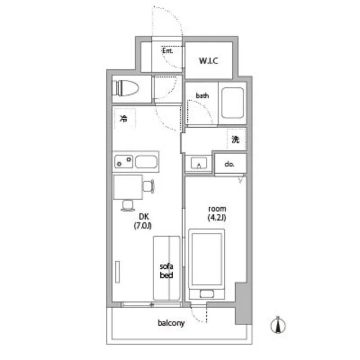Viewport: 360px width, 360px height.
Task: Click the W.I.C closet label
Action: tap(209, 61)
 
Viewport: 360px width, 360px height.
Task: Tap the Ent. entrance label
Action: tap(168, 51)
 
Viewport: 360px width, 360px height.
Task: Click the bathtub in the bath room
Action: tap(232, 103)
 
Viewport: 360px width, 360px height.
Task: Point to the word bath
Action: tap(202, 96)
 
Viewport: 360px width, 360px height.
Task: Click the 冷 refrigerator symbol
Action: tap(124, 119)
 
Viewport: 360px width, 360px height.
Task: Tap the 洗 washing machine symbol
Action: tap(236, 139)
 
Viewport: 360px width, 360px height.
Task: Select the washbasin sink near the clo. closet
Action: tap(199, 163)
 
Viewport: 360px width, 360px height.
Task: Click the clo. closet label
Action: tap(229, 164)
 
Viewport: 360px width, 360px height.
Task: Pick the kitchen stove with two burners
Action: tap(124, 161)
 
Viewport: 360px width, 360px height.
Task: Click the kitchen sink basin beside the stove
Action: tap(146, 161)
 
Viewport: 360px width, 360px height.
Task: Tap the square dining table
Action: tap(128, 187)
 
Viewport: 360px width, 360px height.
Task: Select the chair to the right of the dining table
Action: tap(148, 186)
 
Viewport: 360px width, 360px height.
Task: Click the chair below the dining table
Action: tap(128, 205)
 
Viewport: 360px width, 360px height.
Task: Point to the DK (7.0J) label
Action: tap(143, 221)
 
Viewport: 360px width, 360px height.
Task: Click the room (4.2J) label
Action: tap(217, 213)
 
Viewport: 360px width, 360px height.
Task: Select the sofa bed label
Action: tap(166, 271)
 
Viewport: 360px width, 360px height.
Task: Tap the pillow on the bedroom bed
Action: tap(206, 294)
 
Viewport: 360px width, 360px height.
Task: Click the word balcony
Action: tap(171, 323)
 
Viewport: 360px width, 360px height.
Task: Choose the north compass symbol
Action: tap(278, 325)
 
